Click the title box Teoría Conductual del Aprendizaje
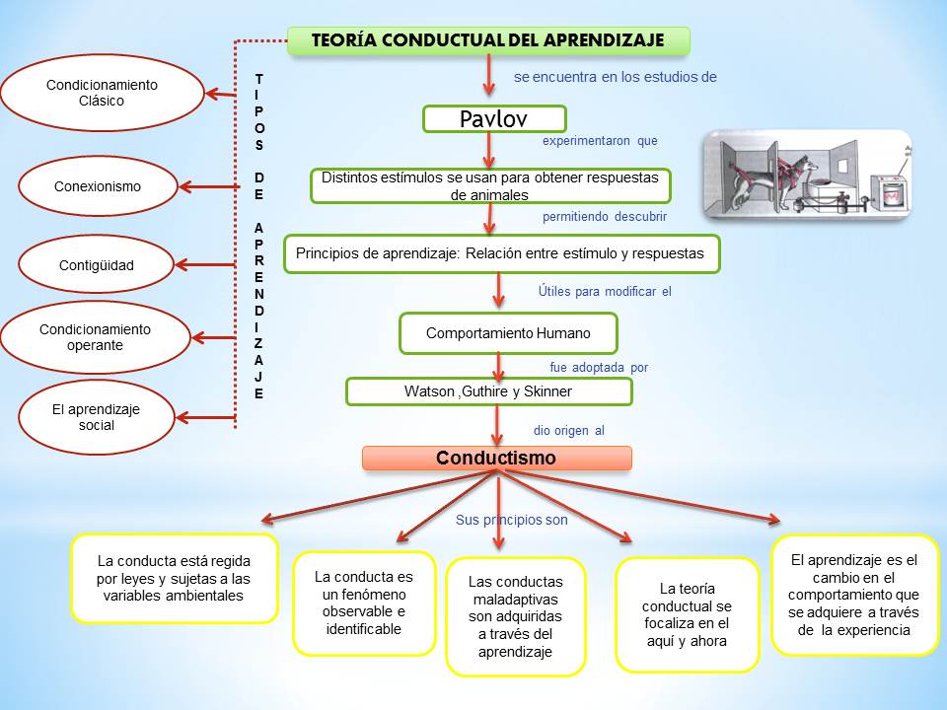tap(488, 40)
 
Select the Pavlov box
tap(494, 119)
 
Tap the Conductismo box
tap(496, 459)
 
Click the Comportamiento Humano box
tap(508, 333)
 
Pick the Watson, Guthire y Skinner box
tap(488, 391)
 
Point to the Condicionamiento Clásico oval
tap(102, 93)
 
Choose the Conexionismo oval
tap(98, 186)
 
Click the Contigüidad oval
tap(97, 265)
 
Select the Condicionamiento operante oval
tap(95, 337)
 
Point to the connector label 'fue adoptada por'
tap(599, 368)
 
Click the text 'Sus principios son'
tap(511, 519)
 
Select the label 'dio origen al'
tap(568, 431)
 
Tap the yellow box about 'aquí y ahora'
tap(687, 614)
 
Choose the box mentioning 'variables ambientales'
tap(174, 579)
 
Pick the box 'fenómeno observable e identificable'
tap(364, 603)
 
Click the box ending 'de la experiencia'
tap(854, 595)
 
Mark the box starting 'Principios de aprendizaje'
tap(501, 253)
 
